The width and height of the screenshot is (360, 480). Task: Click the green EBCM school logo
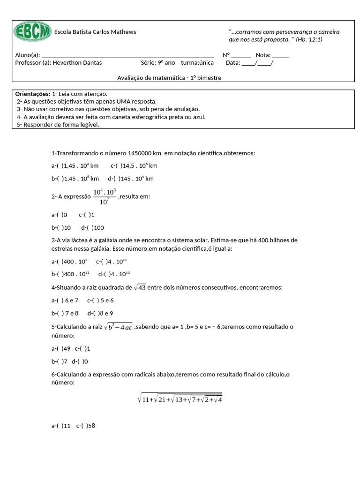tap(32, 32)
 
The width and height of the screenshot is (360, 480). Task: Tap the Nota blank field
tap(280, 55)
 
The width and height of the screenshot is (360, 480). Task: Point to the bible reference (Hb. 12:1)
tap(309, 39)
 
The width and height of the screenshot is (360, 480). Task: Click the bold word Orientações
tap(32, 94)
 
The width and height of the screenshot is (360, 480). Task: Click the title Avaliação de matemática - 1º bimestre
tap(169, 78)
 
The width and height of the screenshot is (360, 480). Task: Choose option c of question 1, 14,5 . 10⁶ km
tap(134, 165)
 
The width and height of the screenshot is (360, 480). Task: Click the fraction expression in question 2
tap(104, 197)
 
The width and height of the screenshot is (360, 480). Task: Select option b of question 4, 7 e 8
tap(65, 313)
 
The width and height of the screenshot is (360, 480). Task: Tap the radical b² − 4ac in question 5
tap(118, 327)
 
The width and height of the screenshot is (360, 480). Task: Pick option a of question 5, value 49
tap(60, 349)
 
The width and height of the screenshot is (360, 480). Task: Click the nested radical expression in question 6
tap(180, 399)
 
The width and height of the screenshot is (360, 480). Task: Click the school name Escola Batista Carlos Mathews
tap(95, 32)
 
